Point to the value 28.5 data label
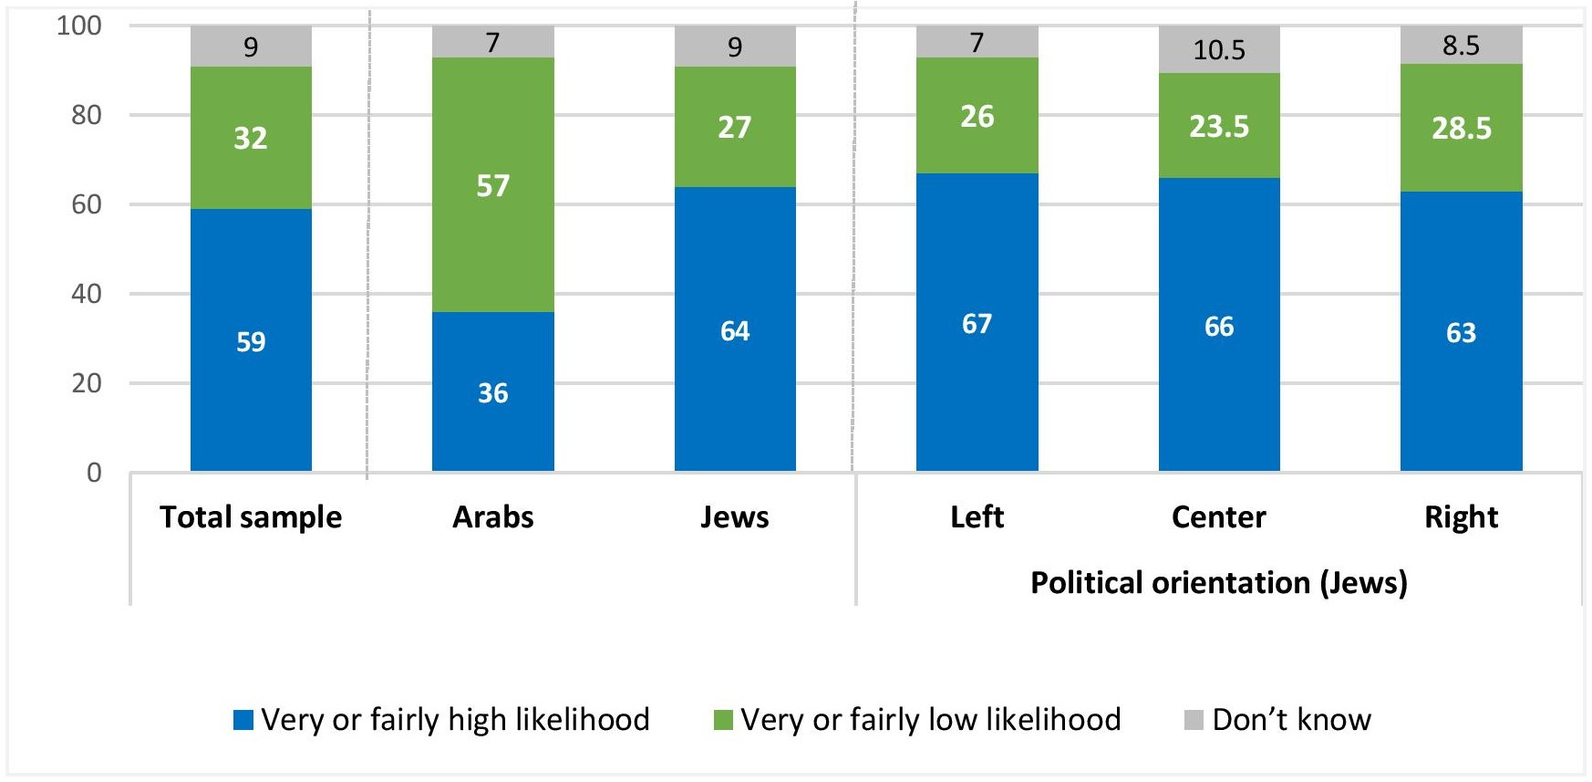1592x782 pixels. coord(1461,129)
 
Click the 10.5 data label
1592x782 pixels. coord(1219,50)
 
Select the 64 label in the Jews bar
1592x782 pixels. coord(735,330)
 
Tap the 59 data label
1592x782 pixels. coord(251,342)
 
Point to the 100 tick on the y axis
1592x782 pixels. coord(79,26)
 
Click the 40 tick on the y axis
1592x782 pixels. coord(87,294)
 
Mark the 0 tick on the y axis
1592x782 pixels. coord(94,473)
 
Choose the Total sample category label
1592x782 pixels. coord(251,517)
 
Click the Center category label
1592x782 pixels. coord(1219,517)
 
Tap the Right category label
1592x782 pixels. coord(1461,517)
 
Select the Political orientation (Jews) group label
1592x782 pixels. coord(1219,582)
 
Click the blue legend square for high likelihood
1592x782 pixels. coord(243,720)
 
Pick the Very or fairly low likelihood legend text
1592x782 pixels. coord(930,720)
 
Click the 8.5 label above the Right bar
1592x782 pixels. coord(1461,46)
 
